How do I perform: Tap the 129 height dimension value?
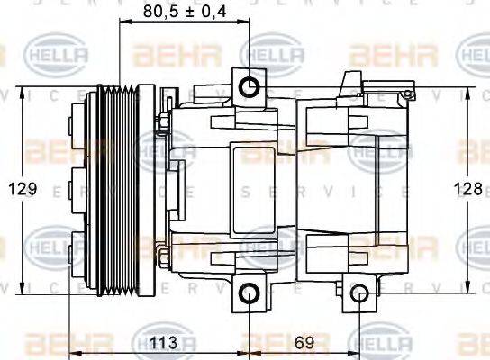point(23,188)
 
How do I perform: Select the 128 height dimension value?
point(466,188)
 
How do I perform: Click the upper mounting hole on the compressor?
point(249,86)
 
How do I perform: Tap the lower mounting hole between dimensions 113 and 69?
point(249,293)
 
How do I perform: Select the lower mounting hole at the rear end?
point(359,293)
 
